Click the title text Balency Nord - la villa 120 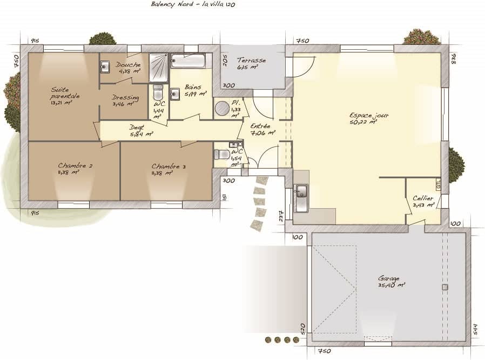pos(193,4)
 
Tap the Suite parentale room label pos(65,96)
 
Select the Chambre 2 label pos(75,169)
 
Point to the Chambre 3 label pos(168,169)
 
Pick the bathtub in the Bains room pos(188,61)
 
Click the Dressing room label pos(125,100)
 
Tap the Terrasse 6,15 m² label pos(251,64)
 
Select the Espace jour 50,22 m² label pos(369,118)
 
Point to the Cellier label pos(423,202)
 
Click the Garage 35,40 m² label pos(391,281)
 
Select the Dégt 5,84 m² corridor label pos(140,130)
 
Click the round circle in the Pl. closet pos(222,109)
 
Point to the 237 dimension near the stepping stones pos(281,216)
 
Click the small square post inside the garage pos(445,287)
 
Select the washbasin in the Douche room pos(105,66)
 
